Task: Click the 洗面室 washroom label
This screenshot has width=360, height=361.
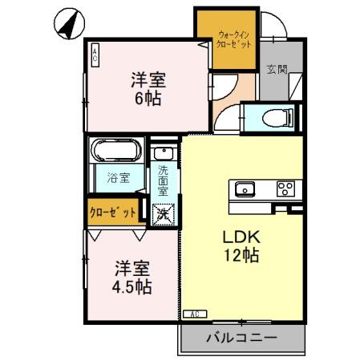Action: (163, 182)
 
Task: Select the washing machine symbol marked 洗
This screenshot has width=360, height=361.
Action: (164, 214)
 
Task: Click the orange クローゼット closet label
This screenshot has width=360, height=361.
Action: (112, 213)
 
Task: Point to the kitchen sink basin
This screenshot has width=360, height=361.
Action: (244, 190)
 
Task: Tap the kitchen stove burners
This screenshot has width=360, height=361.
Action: (285, 189)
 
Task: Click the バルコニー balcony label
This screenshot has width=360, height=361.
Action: (240, 337)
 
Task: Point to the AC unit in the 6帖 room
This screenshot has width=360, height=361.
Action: (95, 55)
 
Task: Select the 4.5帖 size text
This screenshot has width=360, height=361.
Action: (131, 286)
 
